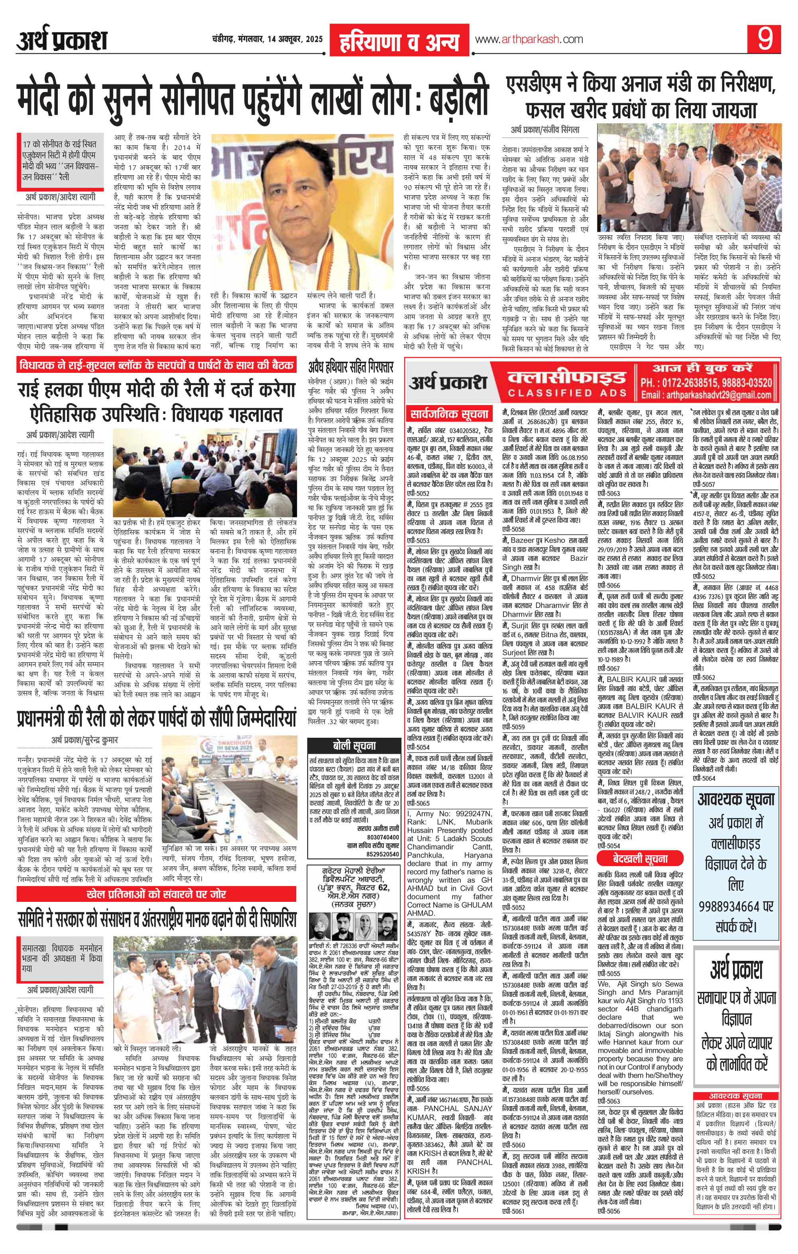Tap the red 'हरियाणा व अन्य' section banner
click(x=399, y=40)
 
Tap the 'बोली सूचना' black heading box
click(x=354, y=746)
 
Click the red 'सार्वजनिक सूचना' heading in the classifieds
click(x=449, y=415)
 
